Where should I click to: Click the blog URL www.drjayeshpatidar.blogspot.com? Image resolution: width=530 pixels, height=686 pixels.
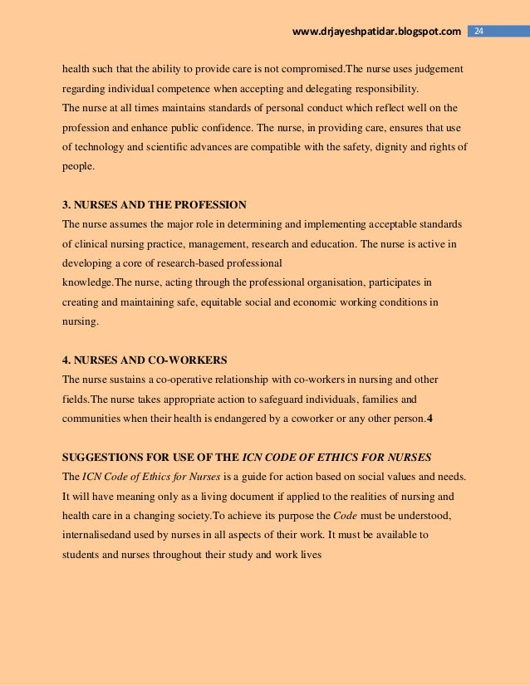(377, 32)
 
